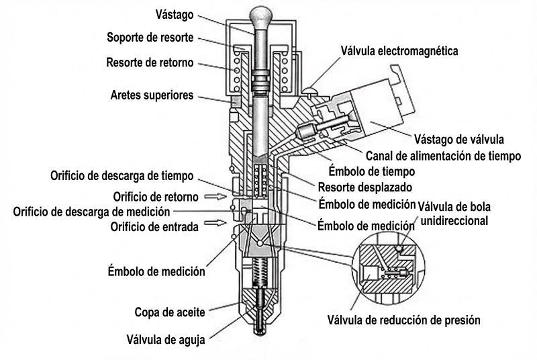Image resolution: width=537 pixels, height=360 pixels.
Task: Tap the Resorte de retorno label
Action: click(x=150, y=63)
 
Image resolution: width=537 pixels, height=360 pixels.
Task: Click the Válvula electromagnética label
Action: click(x=399, y=50)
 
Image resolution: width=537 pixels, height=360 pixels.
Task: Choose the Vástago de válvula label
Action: click(x=459, y=140)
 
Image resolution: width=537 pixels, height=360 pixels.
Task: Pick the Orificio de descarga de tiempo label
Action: click(x=122, y=175)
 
